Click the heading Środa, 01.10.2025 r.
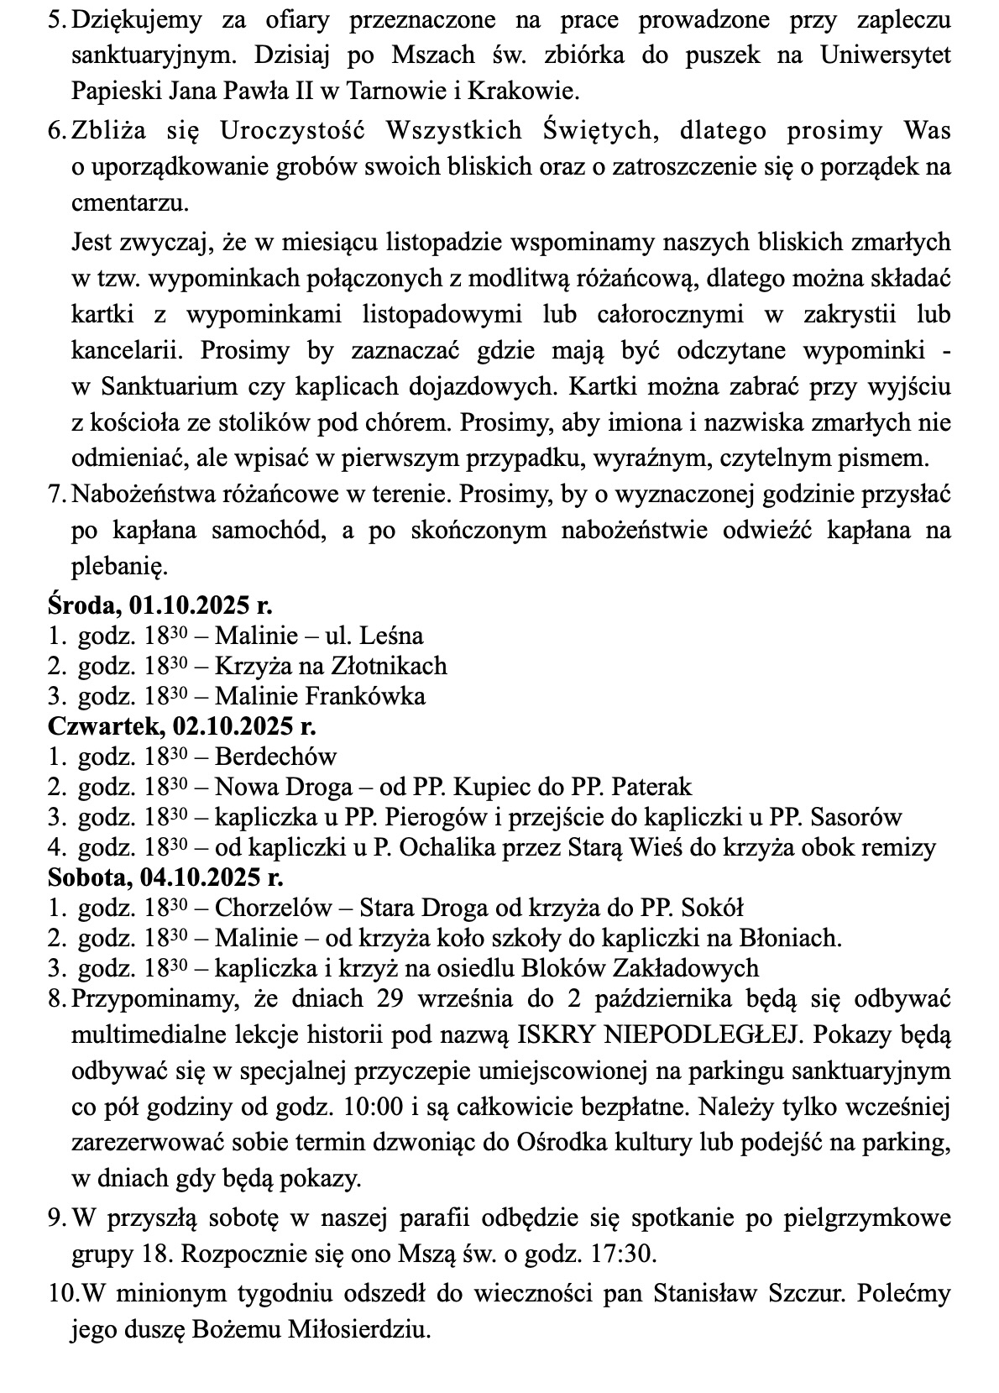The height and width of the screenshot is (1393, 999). (160, 605)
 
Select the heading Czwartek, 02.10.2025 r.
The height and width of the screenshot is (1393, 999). (181, 725)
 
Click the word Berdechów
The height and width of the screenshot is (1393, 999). (275, 756)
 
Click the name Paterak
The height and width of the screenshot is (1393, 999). (651, 786)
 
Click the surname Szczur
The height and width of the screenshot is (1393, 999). (803, 1292)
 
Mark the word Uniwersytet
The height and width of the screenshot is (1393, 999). (886, 55)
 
